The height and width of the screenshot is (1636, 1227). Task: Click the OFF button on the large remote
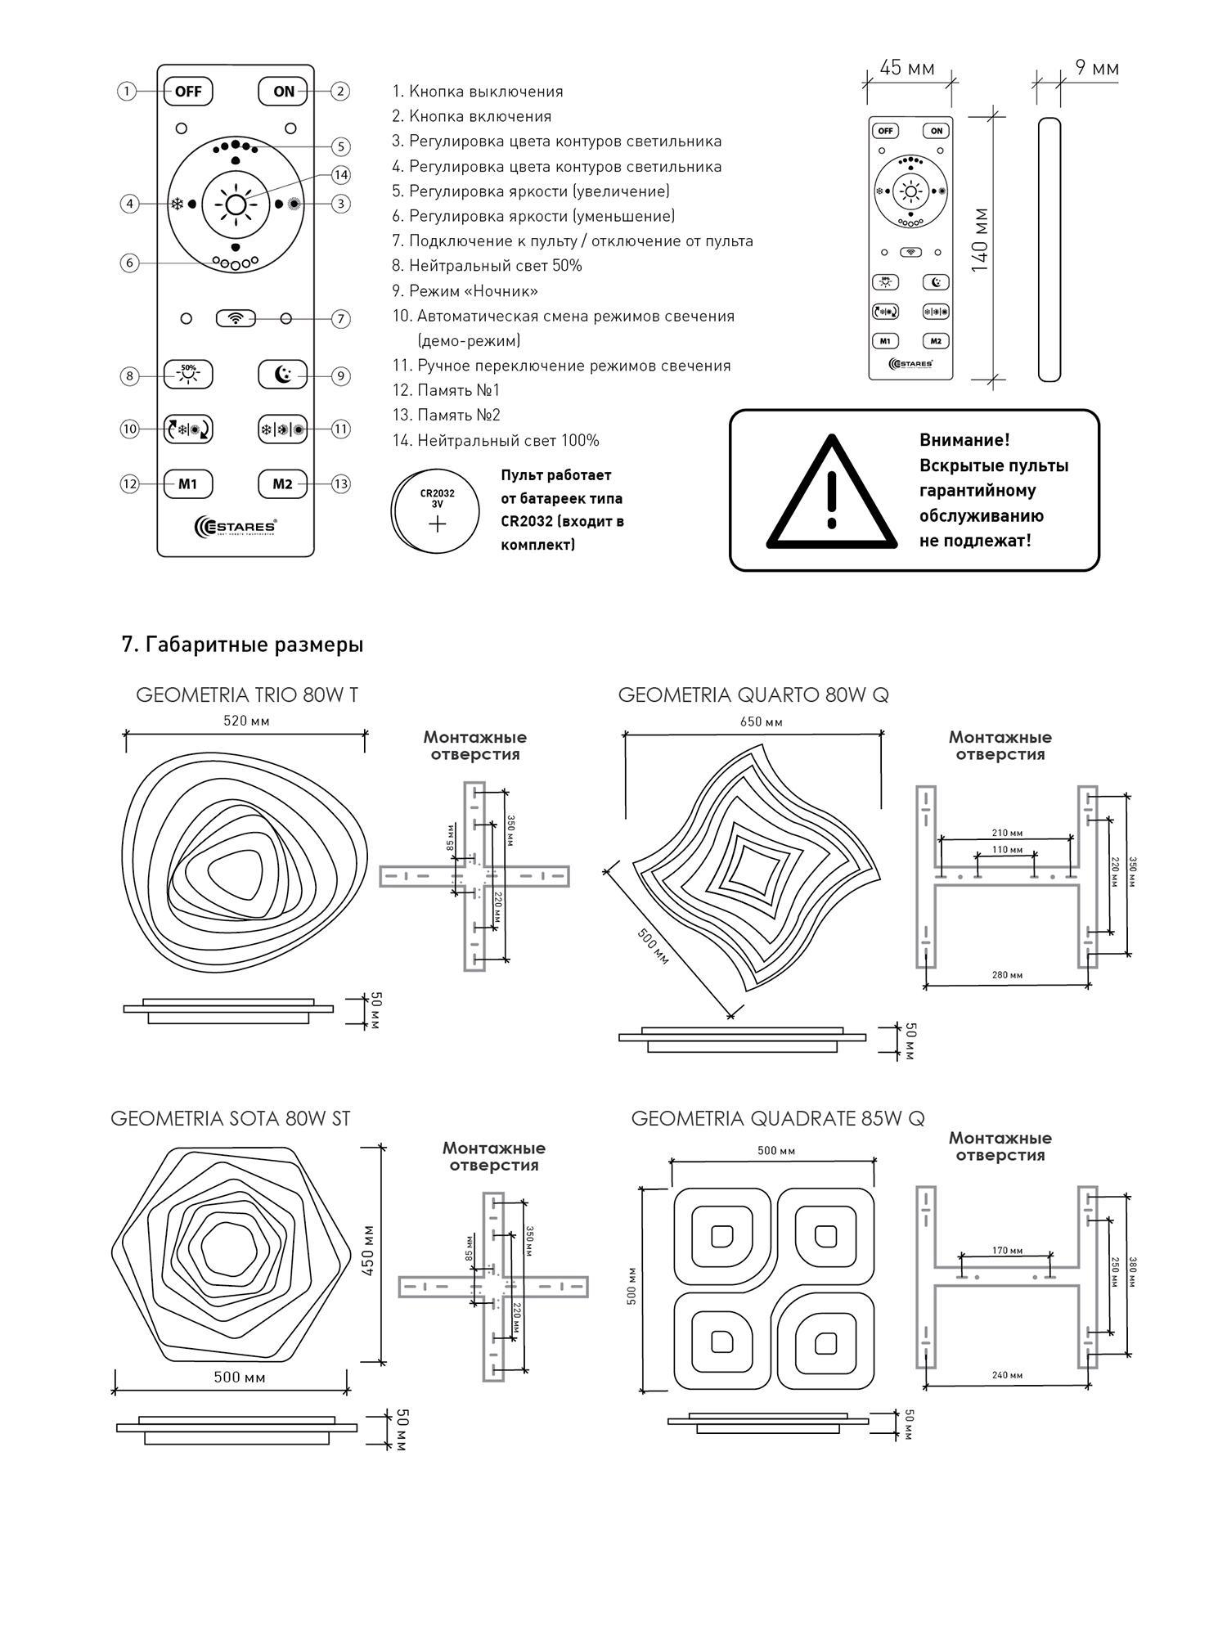pyautogui.click(x=188, y=91)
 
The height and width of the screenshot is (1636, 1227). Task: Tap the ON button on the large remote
pyautogui.click(x=283, y=91)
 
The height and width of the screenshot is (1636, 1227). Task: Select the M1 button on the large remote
pyautogui.click(x=188, y=483)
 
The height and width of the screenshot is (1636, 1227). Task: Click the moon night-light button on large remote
pyautogui.click(x=283, y=375)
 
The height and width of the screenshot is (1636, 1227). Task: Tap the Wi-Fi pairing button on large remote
pyautogui.click(x=236, y=318)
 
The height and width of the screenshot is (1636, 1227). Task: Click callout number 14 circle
pyautogui.click(x=341, y=174)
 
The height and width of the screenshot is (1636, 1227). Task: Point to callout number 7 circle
pyautogui.click(x=341, y=319)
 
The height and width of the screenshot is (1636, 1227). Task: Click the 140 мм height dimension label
pyautogui.click(x=980, y=240)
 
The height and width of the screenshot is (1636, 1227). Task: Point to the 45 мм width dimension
pyautogui.click(x=907, y=67)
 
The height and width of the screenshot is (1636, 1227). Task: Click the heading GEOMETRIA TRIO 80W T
pyautogui.click(x=247, y=695)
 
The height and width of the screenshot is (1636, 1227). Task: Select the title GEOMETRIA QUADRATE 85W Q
pyautogui.click(x=778, y=1118)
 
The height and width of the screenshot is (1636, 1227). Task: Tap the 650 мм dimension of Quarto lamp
pyautogui.click(x=762, y=721)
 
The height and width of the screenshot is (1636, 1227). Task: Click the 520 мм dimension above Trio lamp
pyautogui.click(x=247, y=721)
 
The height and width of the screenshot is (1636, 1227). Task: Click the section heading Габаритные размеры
pyautogui.click(x=243, y=645)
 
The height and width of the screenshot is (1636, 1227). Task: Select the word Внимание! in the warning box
pyautogui.click(x=964, y=440)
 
